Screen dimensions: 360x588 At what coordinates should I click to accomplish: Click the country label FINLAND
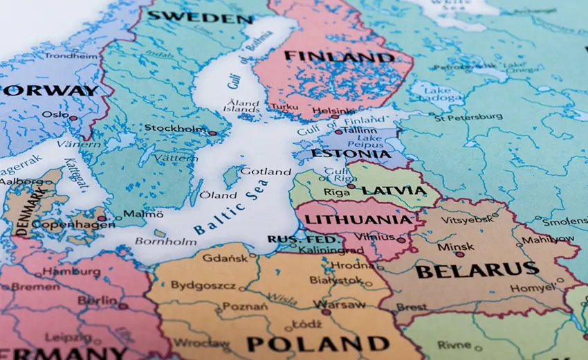[339, 57]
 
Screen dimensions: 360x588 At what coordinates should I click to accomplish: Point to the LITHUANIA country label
[358, 220]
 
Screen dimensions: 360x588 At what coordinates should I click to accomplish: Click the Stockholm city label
[175, 128]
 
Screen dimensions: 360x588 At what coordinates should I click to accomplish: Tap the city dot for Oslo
[73, 118]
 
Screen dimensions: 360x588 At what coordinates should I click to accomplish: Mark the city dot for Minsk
[459, 254]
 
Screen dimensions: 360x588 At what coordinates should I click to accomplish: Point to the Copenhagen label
[63, 224]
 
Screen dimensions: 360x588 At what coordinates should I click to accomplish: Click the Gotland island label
[266, 171]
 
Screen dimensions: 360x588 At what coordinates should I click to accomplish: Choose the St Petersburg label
[468, 117]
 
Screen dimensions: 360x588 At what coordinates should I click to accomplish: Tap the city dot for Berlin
[123, 306]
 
